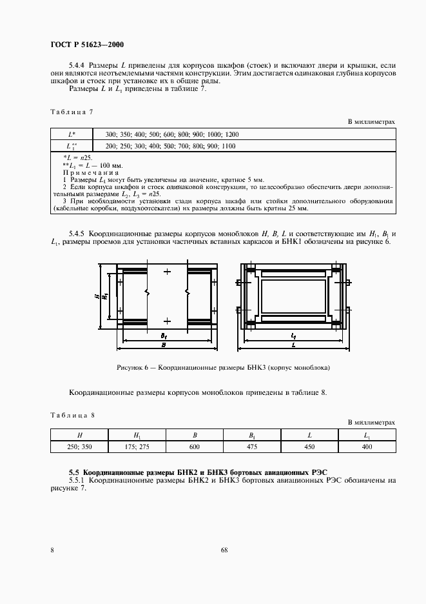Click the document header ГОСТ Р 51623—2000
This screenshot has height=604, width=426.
click(x=86, y=45)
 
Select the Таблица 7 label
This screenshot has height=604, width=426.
click(x=72, y=112)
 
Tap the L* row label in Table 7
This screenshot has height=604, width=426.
click(x=72, y=134)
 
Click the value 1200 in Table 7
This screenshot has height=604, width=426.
click(x=232, y=134)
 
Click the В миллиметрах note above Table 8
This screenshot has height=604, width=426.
click(x=371, y=422)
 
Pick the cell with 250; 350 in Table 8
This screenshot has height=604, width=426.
click(x=79, y=446)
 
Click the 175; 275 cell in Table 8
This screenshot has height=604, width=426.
click(x=137, y=446)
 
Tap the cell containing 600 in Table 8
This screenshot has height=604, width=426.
click(x=194, y=446)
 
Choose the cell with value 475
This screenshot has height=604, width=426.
click(x=251, y=446)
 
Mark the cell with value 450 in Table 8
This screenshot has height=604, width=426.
click(x=309, y=446)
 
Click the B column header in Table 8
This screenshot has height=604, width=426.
click(x=194, y=434)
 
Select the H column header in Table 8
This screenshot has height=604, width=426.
click(x=79, y=434)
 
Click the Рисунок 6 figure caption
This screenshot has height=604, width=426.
click(x=223, y=367)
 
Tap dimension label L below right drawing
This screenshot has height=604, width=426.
click(x=293, y=345)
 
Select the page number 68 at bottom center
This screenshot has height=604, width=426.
click(x=224, y=550)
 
